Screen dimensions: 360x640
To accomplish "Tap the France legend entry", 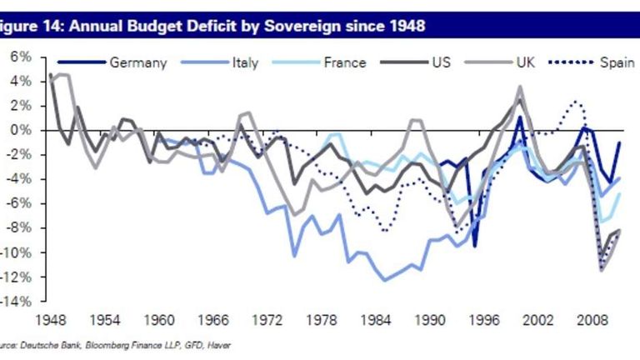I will tap(343, 62).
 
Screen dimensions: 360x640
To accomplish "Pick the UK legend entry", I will tap(527, 62).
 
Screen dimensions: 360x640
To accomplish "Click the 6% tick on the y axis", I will tap(20, 57).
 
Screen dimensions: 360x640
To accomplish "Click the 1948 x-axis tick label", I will tap(51, 319).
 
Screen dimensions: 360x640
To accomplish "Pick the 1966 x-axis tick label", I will tap(216, 319).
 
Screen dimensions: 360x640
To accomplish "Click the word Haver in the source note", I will tap(217, 344).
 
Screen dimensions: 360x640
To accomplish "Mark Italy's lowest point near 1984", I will tap(384, 280).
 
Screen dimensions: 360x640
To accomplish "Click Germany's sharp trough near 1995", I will tap(474, 245).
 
